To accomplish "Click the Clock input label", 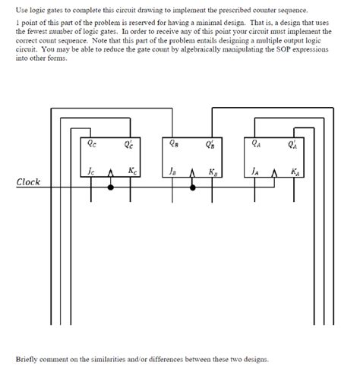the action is tap(28, 182).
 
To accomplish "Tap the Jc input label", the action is tap(92, 171).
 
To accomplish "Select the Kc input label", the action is tap(132, 171).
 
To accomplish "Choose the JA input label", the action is tap(255, 171).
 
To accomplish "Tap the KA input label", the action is tap(294, 171).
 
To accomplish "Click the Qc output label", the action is tap(93, 141).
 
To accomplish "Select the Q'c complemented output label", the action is tap(129, 141).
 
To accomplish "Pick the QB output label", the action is tap(175, 141).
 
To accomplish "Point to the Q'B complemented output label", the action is tap(210, 141).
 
